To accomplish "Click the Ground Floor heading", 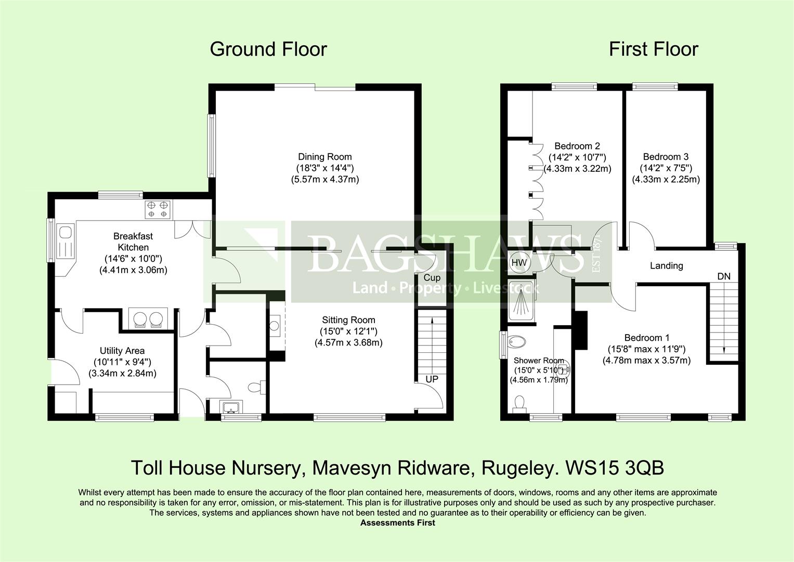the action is [268, 49].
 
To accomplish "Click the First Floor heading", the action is [654, 49].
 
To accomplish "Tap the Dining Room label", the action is [324, 157].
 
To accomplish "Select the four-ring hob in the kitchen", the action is [158, 210].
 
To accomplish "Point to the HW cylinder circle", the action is [519, 263].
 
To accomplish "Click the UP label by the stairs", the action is [432, 379].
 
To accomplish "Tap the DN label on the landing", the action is [724, 276].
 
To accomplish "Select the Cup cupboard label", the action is [432, 277].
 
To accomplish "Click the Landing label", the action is [667, 266].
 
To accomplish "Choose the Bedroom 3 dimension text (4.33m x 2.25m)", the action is [666, 179].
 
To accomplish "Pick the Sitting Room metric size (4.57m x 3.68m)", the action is [348, 343].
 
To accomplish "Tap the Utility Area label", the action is [122, 351].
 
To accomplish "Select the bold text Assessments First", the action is [398, 522].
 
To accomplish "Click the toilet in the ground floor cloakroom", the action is [256, 387].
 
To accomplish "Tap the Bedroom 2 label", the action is [577, 146].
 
